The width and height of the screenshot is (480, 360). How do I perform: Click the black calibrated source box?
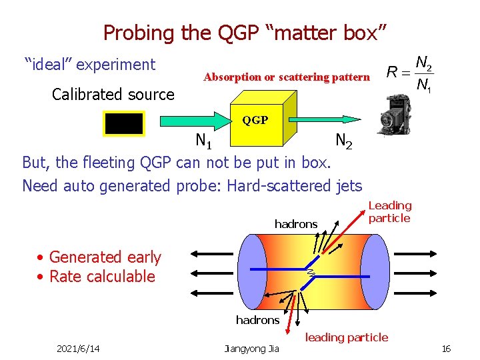(x=123, y=124)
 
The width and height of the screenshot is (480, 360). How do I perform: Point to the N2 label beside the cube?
(x=344, y=141)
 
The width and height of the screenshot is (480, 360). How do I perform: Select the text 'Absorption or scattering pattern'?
(x=286, y=77)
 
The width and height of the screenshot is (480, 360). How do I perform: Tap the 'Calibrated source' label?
(x=113, y=94)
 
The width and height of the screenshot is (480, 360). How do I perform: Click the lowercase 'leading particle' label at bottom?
(x=346, y=337)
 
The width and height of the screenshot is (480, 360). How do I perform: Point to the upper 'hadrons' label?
(x=296, y=224)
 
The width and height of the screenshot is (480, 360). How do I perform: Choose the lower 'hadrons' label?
(x=257, y=320)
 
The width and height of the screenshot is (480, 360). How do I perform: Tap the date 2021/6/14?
(x=78, y=349)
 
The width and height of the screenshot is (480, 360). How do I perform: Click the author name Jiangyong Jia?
(x=251, y=349)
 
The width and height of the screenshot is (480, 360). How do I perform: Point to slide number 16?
(x=447, y=349)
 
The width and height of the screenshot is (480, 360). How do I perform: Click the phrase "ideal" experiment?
(x=90, y=65)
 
